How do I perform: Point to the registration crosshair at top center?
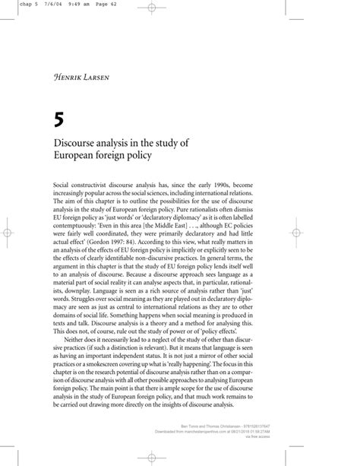click(151, 8)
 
